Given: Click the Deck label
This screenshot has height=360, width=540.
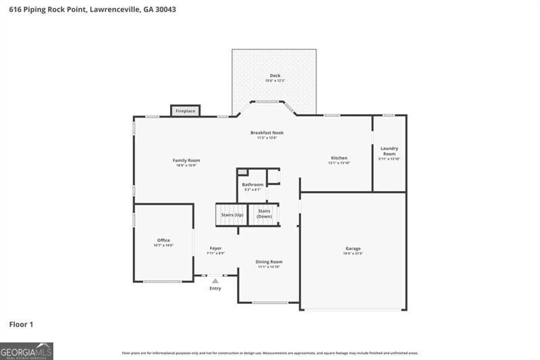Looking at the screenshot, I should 275,76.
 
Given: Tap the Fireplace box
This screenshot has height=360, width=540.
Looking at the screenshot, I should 186,111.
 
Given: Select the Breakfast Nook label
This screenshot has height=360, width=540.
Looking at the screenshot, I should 267,133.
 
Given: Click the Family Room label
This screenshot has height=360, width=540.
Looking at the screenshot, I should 187,160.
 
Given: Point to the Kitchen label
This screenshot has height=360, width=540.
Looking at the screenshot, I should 339,157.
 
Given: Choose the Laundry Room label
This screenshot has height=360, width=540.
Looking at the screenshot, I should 389,151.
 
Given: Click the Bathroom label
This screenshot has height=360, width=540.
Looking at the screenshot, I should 252,184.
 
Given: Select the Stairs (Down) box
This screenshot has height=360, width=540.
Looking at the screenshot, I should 264,214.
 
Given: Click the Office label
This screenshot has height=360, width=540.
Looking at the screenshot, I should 163,240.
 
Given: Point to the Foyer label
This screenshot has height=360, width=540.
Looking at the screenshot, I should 215,248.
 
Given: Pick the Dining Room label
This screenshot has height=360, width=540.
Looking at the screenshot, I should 269,261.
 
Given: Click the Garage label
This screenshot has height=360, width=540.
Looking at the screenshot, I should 353,249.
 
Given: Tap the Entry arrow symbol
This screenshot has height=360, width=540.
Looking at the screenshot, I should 215,280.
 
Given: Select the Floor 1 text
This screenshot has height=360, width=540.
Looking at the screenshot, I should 21,325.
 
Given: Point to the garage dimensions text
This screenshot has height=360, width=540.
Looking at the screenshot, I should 353,254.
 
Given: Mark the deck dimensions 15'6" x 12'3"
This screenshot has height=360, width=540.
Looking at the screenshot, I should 275,81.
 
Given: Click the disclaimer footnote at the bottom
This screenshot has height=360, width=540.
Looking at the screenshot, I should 270,353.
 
